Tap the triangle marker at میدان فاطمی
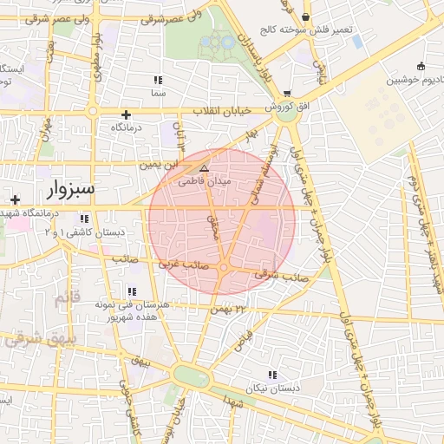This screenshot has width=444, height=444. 204,168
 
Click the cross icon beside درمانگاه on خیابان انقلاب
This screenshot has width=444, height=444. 127,114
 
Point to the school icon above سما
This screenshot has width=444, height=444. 158,80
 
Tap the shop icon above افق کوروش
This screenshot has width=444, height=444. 286,94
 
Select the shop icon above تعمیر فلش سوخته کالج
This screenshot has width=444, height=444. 305,16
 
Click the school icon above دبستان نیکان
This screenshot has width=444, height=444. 272,375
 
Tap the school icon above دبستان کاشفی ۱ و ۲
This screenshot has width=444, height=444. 84,219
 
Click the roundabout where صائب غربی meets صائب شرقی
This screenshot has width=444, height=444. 224,268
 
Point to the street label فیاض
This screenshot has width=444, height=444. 245,339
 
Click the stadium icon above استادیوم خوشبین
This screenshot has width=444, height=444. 421,66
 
